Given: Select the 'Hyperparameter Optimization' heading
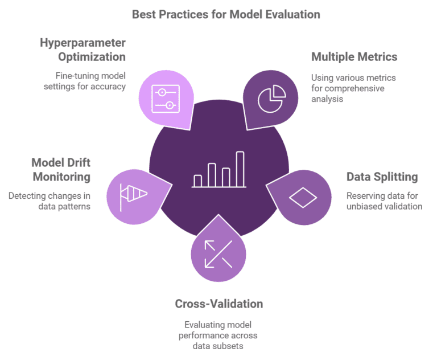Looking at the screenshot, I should pos(83,50).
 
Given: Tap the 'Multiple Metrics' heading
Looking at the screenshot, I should pos(354,57).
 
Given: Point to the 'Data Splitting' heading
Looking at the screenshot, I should pos(382,177).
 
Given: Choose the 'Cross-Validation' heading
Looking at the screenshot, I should pos(218,304).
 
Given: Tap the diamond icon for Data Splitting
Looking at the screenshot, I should pos(303,197).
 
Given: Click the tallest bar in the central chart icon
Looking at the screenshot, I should pos(240,169).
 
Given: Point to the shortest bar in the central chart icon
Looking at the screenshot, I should pos(197,180).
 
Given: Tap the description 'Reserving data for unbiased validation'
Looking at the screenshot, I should pos(384,201).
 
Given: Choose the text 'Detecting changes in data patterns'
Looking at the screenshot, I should pos(49,201).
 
